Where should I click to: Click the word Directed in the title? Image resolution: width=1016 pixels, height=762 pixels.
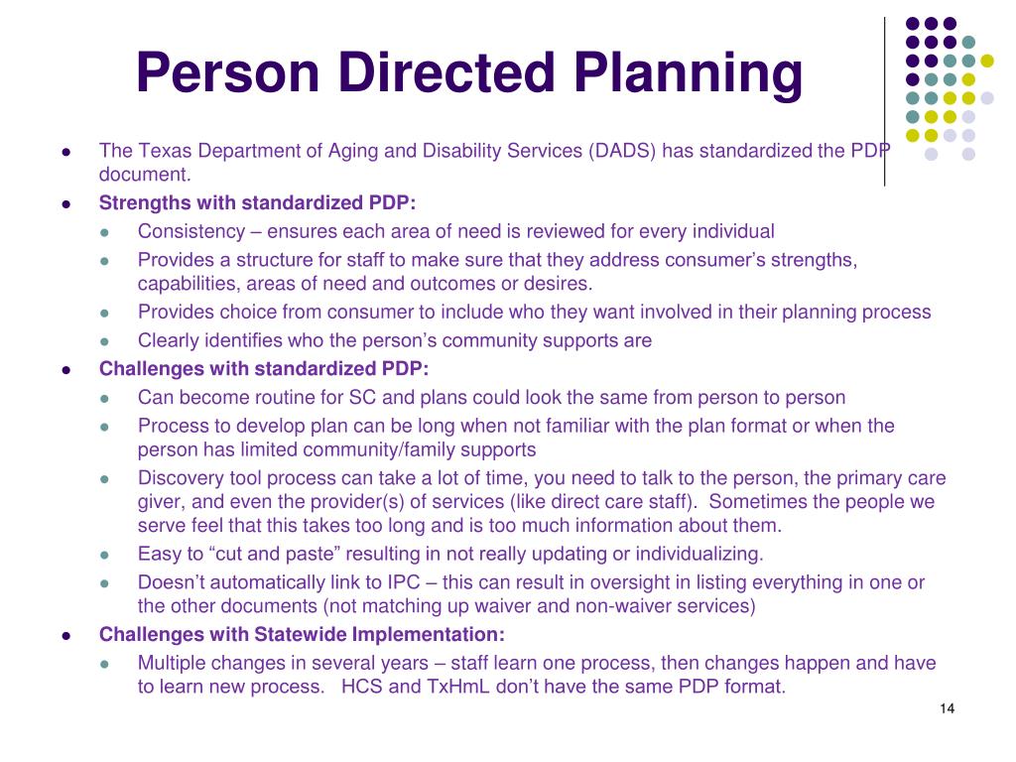click(446, 71)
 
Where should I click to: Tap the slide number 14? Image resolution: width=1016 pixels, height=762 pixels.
click(947, 708)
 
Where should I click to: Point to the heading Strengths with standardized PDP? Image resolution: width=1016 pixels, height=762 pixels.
click(257, 202)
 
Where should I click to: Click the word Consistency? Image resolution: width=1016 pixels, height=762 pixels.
click(191, 231)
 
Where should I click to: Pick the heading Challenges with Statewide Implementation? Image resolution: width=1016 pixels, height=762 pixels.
click(302, 634)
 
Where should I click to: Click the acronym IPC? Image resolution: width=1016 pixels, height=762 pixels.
click(404, 582)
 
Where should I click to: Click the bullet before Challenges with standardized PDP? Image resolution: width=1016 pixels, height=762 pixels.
click(66, 370)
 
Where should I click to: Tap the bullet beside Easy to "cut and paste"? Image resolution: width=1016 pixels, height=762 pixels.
click(104, 556)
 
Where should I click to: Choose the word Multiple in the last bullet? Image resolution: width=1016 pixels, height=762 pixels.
click(171, 663)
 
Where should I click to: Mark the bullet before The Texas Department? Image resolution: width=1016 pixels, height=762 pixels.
click(66, 152)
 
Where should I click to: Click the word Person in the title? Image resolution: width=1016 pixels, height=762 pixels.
click(228, 71)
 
